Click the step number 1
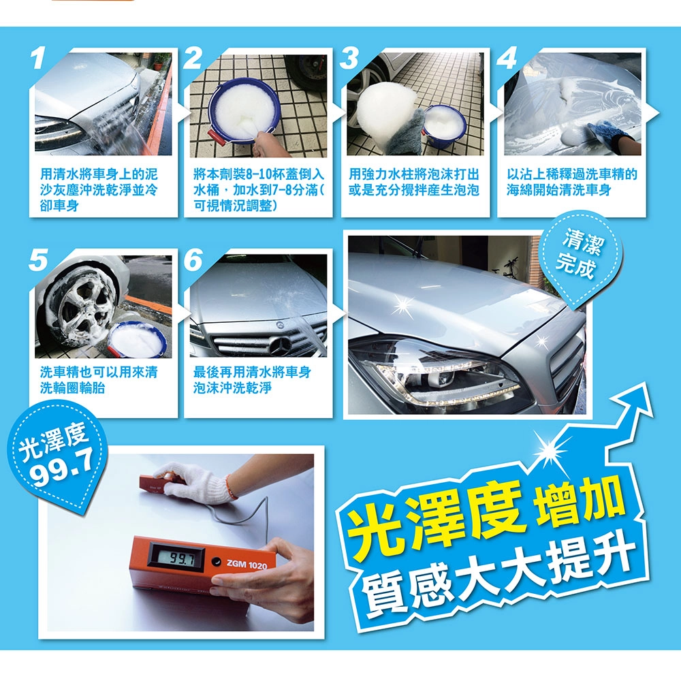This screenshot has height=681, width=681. (38, 59)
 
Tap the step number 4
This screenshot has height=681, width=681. (507, 58)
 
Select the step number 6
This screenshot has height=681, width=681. (193, 260)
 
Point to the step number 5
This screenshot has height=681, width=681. (38, 260)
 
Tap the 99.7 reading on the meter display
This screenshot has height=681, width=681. (176, 558)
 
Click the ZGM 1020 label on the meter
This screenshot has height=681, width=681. (247, 565)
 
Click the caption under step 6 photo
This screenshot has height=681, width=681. (252, 380)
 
